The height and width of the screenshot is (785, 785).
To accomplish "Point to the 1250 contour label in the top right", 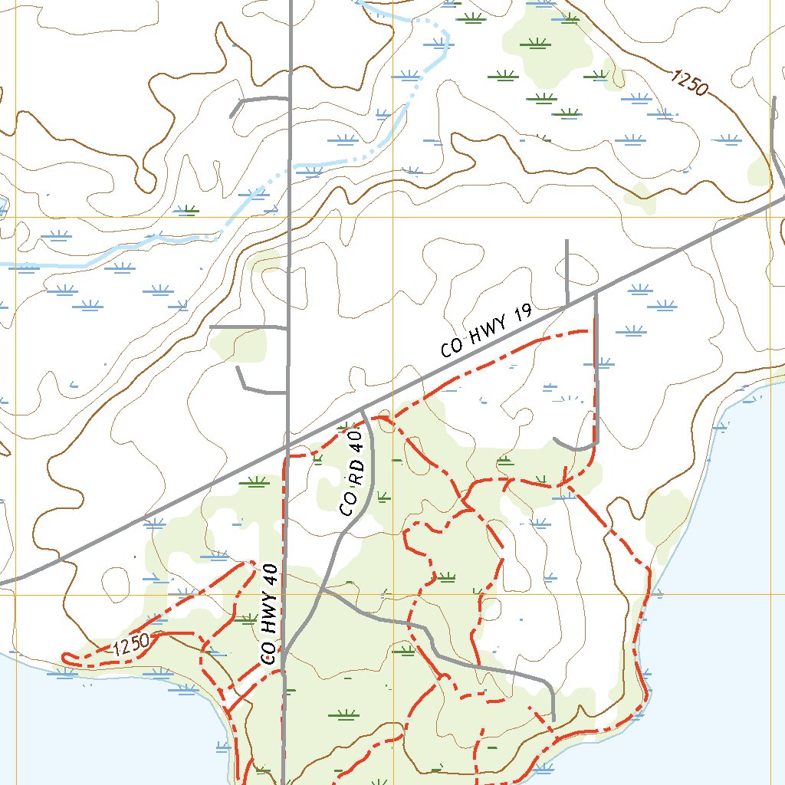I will coord(688,82).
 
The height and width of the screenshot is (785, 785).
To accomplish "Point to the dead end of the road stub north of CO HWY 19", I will coord(567,241).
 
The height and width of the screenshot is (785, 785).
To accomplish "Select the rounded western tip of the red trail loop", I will coord(65,656).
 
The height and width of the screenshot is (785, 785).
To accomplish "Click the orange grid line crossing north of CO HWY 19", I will coord(392,217).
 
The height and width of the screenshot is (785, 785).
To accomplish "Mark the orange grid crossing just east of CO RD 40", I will coord(392,594).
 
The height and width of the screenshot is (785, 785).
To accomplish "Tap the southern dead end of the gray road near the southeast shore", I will coord(553,721).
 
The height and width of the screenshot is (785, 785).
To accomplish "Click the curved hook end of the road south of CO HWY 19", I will coord(555,439).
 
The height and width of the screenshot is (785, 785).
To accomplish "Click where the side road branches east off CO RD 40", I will coord(324,589).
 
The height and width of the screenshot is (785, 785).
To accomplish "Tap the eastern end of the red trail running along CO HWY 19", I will coord(589,330).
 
